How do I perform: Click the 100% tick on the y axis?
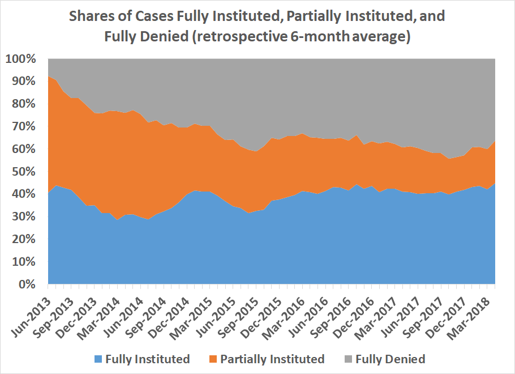coord(21,59)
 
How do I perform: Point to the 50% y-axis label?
coord(23,172)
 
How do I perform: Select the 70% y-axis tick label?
coord(23,126)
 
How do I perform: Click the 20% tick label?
coord(23,239)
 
